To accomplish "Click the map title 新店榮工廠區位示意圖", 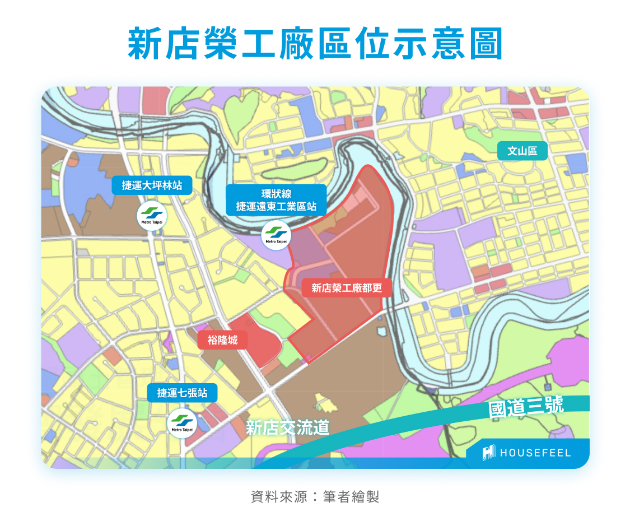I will tap(315, 43).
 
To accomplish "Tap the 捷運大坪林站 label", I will tap(152, 185).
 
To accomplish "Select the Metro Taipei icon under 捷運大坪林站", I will tap(152, 216).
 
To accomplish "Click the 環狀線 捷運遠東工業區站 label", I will tap(276, 200).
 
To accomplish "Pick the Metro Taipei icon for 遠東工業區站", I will tap(276, 234).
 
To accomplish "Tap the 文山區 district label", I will tap(522, 151).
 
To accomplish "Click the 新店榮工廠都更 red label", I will tap(347, 288).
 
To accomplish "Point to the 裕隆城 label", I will tap(222, 339).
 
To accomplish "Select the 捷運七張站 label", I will tap(182, 393).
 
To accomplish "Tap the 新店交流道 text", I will tap(287, 428).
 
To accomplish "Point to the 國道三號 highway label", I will tap(526, 407).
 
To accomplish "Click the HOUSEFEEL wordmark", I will tap(535, 453).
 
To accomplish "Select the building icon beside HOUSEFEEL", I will tap(489, 453).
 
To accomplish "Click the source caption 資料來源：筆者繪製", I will tap(315, 497).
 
